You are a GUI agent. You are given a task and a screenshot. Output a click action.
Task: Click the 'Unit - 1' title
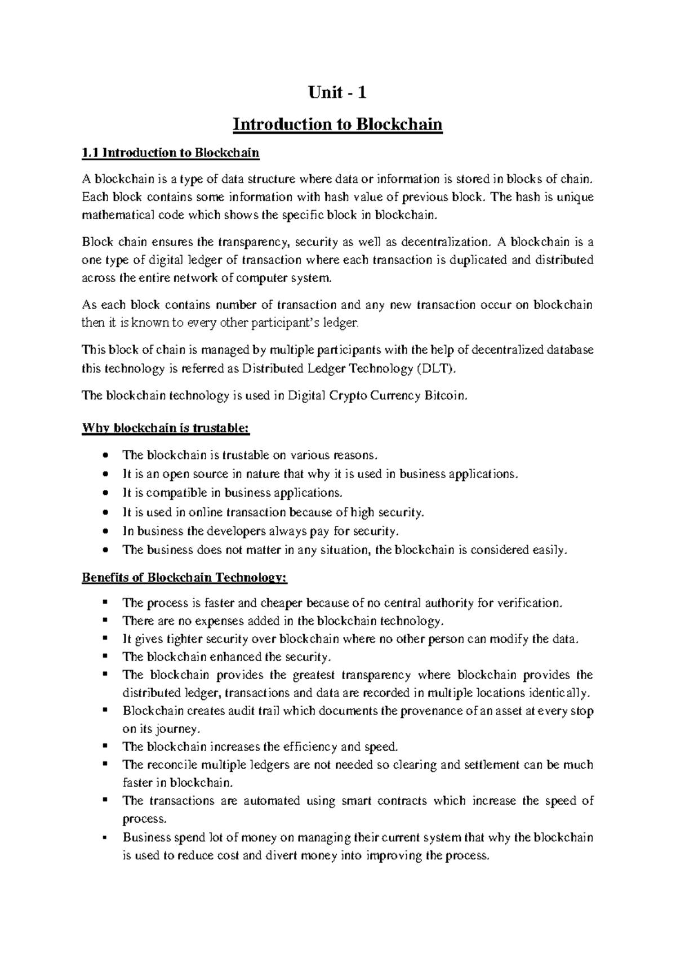click(337, 92)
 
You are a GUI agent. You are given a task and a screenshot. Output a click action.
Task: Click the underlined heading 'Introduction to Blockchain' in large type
click(337, 124)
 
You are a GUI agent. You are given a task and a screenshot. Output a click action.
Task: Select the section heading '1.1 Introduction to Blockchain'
click(170, 153)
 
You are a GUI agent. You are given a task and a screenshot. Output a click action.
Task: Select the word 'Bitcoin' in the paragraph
click(448, 395)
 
